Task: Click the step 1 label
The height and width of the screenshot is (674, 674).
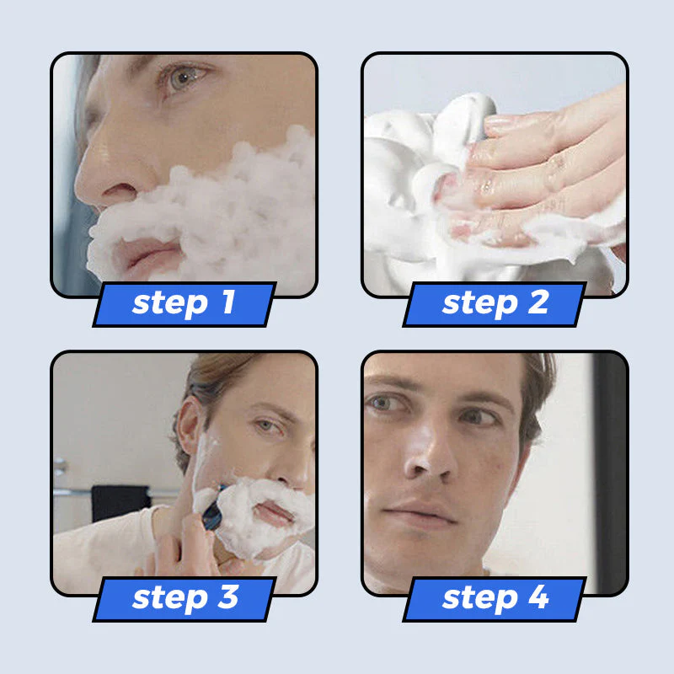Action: coord(184,304)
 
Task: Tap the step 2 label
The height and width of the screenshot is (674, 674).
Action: coord(495,304)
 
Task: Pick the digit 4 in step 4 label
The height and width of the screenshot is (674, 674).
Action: coord(538,598)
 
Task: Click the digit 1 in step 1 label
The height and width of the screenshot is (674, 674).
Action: coord(226,304)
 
